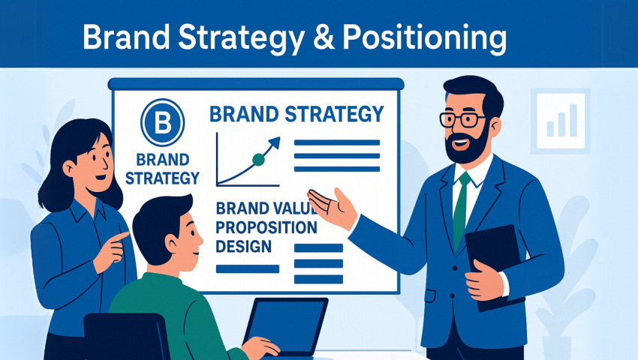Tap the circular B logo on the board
tap(162, 122)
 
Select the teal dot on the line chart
tap(259, 159)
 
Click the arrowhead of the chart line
tap(275, 141)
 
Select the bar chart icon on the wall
tap(561, 120)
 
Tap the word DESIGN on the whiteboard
tap(243, 246)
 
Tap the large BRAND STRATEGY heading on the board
tap(296, 115)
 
